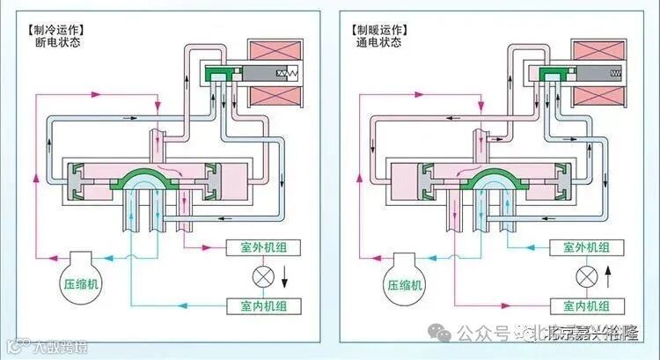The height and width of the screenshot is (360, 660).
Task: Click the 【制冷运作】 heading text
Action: (x=61, y=27)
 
